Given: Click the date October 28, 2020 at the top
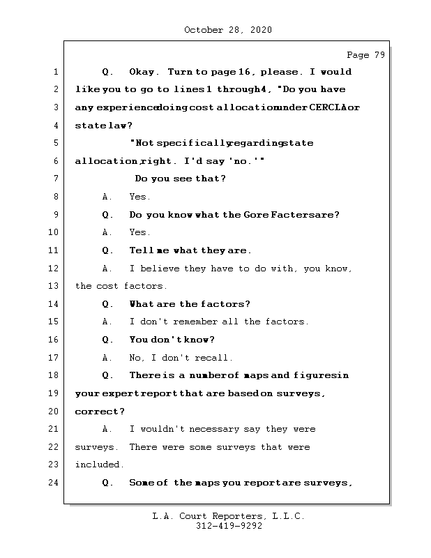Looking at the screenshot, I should tap(227, 30).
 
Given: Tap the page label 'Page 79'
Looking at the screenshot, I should tap(365, 56).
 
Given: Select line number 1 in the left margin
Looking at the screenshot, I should tap(54, 72).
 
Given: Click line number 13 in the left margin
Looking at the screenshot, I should tap(54, 286).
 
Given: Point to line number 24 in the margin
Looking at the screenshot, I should tap(54, 483).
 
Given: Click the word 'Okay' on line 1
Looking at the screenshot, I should tap(144, 72).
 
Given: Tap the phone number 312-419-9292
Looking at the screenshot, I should tap(228, 527).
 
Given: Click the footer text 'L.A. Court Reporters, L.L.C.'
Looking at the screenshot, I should tap(228, 516).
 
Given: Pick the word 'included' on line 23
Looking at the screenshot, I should tap(99, 465).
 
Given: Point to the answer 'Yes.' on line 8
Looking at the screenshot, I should tap(139, 197).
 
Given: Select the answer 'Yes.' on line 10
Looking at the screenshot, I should tap(139, 232).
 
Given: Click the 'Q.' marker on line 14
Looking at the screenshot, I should tap(107, 304).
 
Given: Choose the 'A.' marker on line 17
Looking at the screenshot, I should tap(107, 358).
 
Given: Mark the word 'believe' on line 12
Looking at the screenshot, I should tap(156, 269).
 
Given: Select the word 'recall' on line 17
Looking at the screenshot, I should tap(215, 358).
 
